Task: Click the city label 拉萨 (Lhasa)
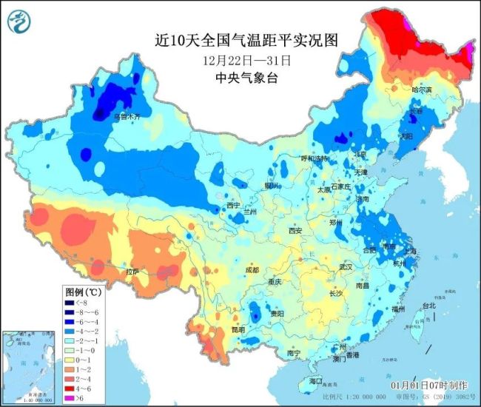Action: [x=132, y=272]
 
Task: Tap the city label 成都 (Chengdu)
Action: [x=252, y=270]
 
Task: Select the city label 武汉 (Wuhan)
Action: [x=346, y=266]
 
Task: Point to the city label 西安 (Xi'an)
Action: [x=295, y=231]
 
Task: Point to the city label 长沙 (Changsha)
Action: [x=335, y=293]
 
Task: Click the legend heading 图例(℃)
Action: [x=83, y=292]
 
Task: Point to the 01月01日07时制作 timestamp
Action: [x=429, y=386]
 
